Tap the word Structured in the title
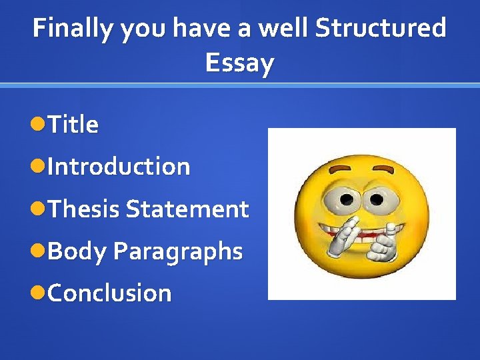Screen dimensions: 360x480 click(x=380, y=29)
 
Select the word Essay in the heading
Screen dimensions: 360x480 click(x=239, y=63)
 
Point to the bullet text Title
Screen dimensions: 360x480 click(x=73, y=125)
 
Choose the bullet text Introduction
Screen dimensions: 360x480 click(x=119, y=166)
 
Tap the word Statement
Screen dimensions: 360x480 click(x=187, y=209)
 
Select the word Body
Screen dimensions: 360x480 click(x=77, y=251)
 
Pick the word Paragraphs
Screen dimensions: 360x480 click(x=178, y=251)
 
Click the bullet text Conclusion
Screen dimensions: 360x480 click(x=109, y=293)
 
